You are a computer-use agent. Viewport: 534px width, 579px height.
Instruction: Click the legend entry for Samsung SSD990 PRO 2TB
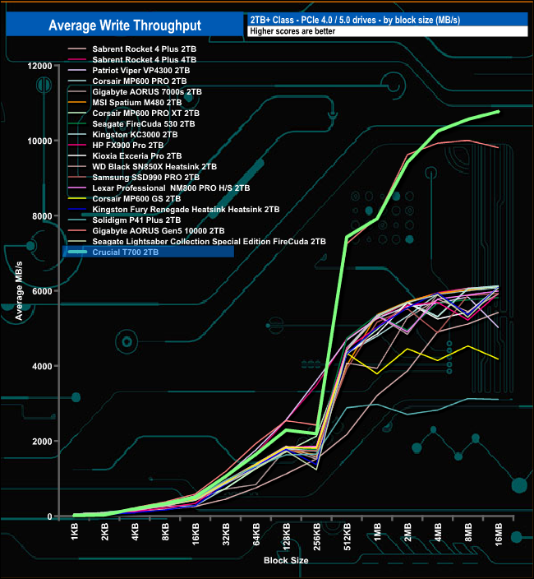[145, 177]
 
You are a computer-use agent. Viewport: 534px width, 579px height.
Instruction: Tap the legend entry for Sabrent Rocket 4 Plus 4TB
[144, 60]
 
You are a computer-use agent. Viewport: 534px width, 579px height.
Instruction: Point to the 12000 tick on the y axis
[39, 65]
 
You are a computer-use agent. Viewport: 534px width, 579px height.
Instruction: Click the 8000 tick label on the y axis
[42, 215]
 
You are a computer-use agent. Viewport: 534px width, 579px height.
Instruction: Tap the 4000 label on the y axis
[42, 366]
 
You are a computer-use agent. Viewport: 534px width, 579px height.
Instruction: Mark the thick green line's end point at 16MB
[498, 111]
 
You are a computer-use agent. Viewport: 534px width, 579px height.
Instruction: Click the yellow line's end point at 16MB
[498, 359]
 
